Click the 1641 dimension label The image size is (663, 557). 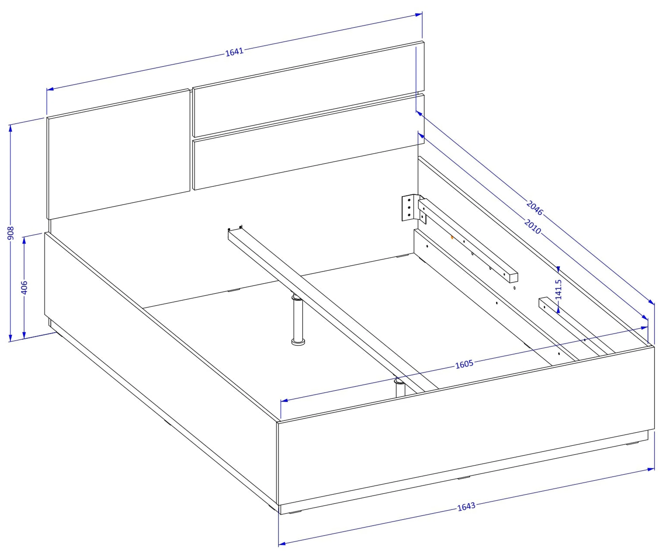click(234, 52)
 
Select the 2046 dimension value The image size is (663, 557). click(535, 208)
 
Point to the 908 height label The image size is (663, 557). click(11, 233)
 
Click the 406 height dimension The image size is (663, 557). click(24, 287)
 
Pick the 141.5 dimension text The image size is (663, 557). click(558, 289)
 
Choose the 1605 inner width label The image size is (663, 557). click(464, 364)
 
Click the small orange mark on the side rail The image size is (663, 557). click(452, 237)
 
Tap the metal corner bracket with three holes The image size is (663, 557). click(409, 208)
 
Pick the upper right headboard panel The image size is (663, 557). click(308, 89)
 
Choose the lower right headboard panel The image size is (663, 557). click(308, 142)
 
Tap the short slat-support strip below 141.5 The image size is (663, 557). click(575, 328)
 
